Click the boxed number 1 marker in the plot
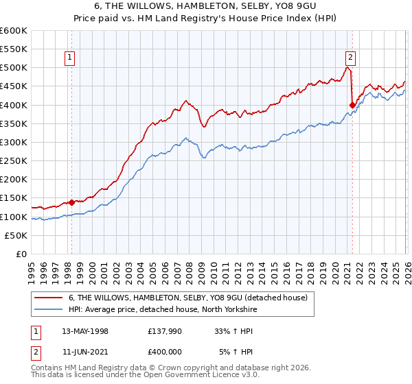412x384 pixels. point(71,58)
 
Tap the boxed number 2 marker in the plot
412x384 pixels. point(350,58)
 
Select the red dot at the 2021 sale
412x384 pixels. point(353,105)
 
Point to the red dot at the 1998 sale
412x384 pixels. point(71,202)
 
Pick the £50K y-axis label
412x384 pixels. point(16,235)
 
